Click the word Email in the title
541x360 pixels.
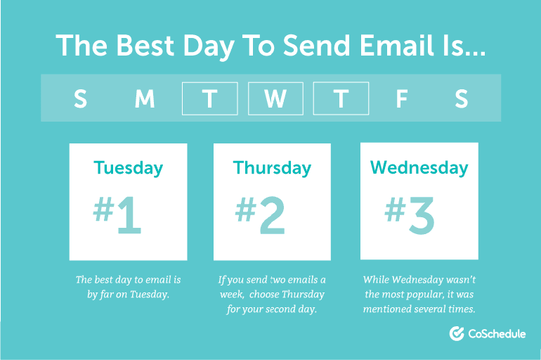tap(396, 45)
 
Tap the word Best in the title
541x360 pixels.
tap(145, 45)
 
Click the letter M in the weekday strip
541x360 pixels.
tap(145, 98)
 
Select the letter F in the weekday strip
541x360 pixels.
tap(402, 98)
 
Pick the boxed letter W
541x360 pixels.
tap(275, 98)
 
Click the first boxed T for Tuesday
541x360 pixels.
tap(210, 98)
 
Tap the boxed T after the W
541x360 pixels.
tap(341, 98)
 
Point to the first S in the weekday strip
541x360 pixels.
tap(80, 98)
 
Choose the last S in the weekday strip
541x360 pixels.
tap(462, 98)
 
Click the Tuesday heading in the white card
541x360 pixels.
tap(129, 168)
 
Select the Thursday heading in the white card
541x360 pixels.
tap(272, 168)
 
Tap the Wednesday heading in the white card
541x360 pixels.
tap(419, 168)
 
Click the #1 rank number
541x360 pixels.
tap(117, 215)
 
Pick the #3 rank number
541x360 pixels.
tap(410, 215)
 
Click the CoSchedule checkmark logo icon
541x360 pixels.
tap(457, 333)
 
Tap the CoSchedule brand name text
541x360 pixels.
tap(497, 334)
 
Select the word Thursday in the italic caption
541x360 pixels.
tap(303, 295)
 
